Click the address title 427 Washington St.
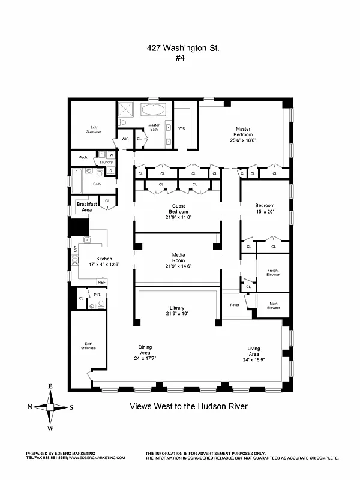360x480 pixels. point(180,48)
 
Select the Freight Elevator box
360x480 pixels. point(272,272)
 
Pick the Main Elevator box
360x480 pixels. point(272,305)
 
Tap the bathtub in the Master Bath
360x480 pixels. point(155,111)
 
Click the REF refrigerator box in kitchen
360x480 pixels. point(102,282)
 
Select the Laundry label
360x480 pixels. point(106,162)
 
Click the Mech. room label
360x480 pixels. point(82,158)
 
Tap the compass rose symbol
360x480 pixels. point(50,406)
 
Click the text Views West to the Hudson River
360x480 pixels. point(188,406)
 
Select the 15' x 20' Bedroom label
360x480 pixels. point(264,208)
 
